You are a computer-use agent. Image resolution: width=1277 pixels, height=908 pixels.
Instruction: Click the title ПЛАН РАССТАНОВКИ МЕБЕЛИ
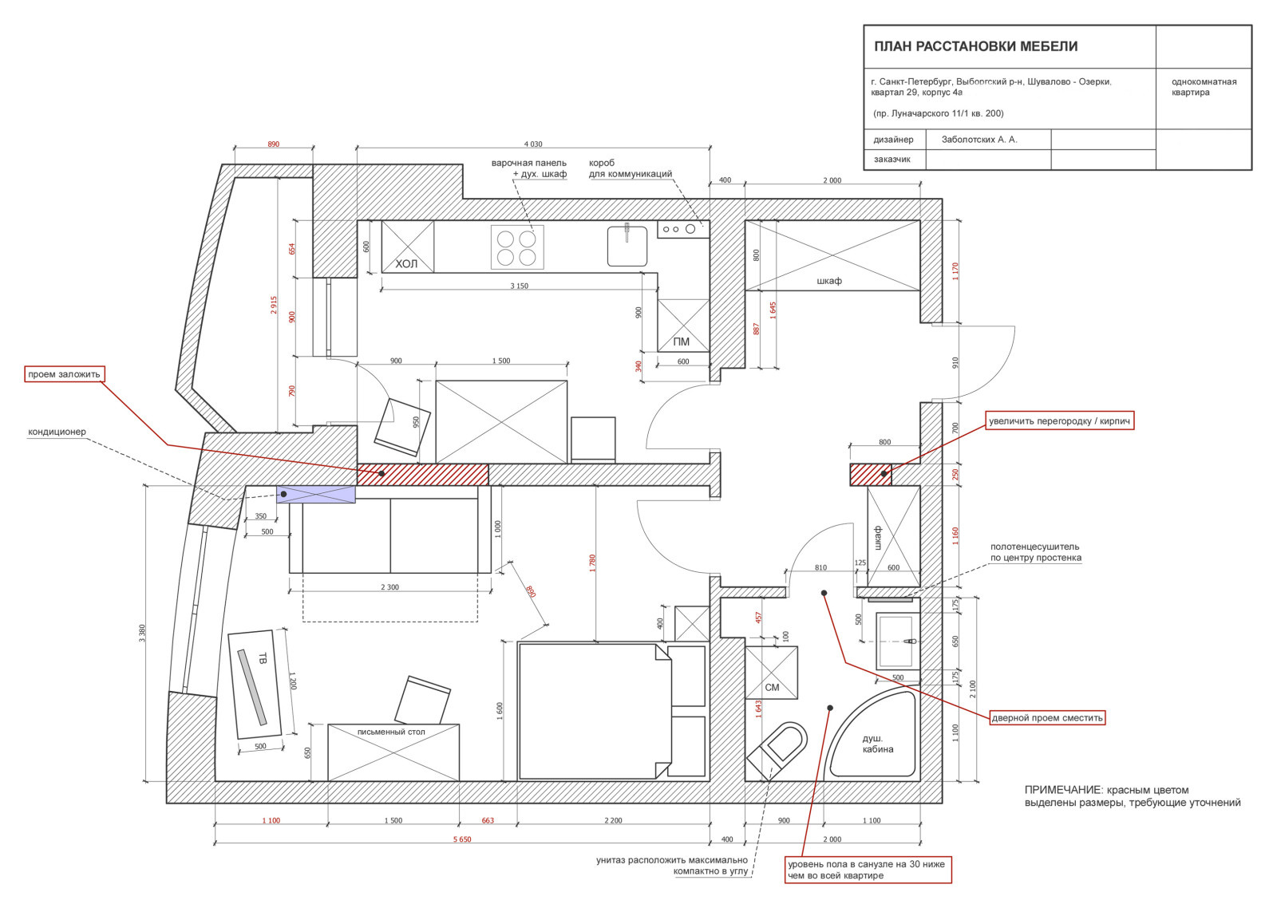(x=975, y=46)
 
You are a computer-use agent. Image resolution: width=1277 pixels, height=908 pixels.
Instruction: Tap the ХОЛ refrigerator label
(x=406, y=263)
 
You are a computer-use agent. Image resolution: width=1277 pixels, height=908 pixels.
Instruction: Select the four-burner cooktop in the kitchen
(x=517, y=247)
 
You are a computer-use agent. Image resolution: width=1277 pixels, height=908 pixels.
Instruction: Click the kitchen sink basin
(x=627, y=246)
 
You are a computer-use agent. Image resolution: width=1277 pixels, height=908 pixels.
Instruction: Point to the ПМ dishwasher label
(x=682, y=341)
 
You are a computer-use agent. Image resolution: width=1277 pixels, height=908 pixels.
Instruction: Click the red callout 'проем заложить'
(x=65, y=374)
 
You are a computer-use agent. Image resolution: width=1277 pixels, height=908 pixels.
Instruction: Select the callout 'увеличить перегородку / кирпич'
(x=1059, y=420)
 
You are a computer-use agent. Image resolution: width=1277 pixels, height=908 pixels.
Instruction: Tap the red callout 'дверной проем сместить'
(x=1047, y=717)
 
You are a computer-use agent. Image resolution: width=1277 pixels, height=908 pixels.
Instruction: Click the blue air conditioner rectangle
(x=316, y=494)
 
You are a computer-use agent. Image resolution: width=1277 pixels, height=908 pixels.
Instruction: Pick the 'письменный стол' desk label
(x=391, y=732)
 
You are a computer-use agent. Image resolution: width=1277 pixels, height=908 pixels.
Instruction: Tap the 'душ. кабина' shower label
(x=877, y=744)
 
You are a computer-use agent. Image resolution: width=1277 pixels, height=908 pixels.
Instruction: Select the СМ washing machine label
(x=772, y=688)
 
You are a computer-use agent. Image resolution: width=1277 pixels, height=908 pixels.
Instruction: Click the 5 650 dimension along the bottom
(x=462, y=839)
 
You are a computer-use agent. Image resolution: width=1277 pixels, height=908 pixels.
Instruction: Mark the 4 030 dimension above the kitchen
(x=533, y=144)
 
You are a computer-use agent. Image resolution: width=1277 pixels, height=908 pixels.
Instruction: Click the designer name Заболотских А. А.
(x=979, y=140)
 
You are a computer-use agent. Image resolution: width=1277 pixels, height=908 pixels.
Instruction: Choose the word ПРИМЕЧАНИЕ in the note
(x=1062, y=790)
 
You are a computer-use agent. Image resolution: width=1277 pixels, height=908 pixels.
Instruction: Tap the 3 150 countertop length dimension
(x=519, y=286)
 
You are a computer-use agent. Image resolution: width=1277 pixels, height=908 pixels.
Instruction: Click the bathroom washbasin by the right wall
(x=898, y=642)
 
